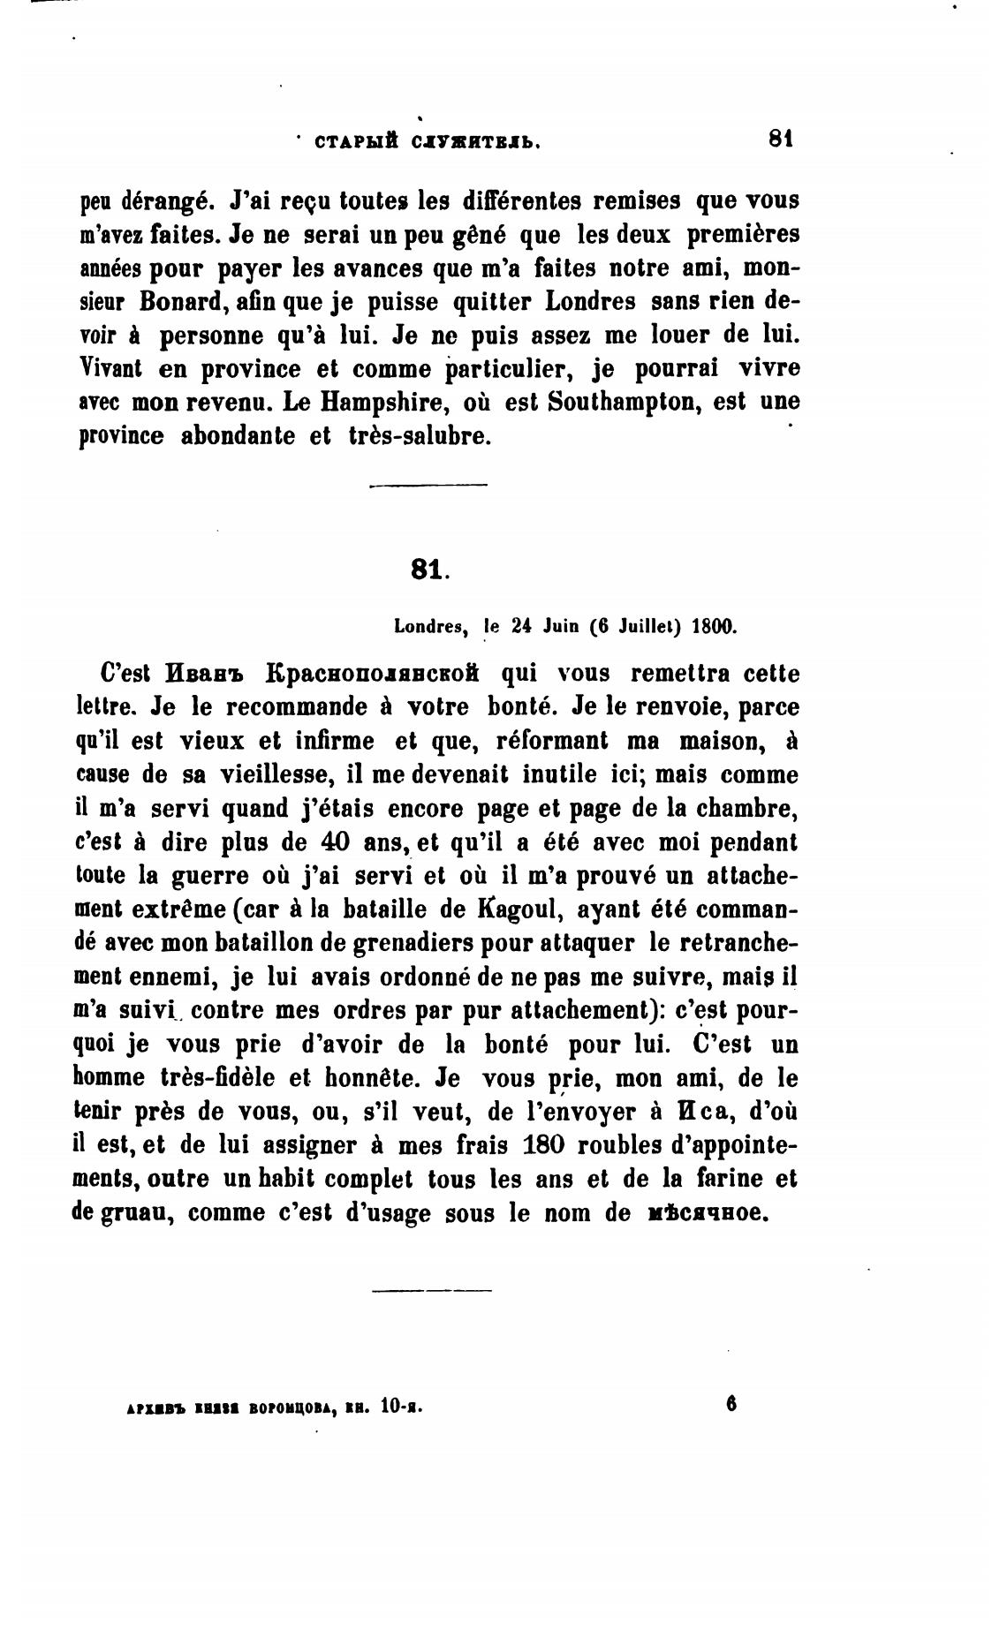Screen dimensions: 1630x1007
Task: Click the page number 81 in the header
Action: [782, 138]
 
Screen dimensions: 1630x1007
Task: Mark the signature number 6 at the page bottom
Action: [731, 1403]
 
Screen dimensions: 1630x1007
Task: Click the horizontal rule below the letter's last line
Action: [431, 1290]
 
